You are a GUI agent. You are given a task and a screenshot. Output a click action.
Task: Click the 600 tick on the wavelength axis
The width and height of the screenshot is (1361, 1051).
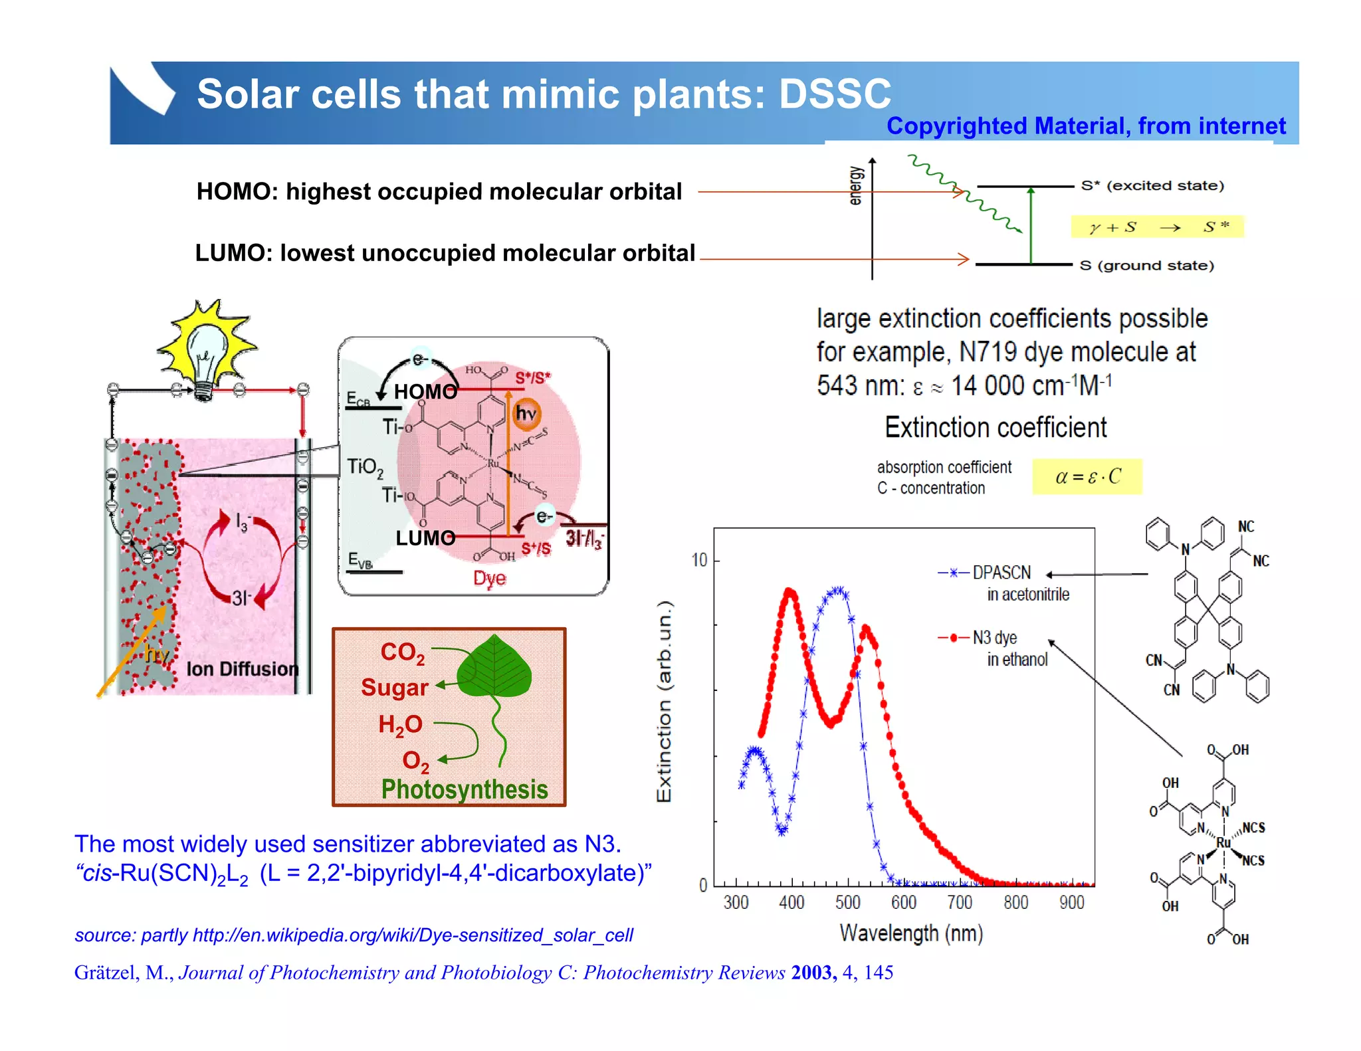[904, 902]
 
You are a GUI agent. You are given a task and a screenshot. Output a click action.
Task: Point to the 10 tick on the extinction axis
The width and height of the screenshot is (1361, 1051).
[699, 560]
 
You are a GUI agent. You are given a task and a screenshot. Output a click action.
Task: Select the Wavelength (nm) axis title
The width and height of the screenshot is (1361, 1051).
[911, 933]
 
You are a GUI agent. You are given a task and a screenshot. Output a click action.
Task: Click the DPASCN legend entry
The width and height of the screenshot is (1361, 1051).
[1001, 573]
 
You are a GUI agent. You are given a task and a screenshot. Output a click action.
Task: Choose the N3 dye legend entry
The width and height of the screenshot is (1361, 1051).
[994, 638]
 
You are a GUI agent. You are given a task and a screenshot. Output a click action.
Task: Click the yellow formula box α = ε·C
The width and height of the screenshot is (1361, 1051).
[1087, 476]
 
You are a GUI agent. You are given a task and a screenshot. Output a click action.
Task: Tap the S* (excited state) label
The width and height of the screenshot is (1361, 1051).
[1152, 185]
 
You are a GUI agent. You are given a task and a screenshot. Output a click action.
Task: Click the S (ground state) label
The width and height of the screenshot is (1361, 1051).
[1147, 266]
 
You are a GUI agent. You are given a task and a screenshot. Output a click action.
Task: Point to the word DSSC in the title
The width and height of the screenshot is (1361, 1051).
[835, 94]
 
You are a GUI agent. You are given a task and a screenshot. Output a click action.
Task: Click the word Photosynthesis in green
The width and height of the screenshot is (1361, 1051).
[465, 789]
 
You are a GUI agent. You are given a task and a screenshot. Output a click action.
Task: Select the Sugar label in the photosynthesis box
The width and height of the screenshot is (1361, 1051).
[395, 688]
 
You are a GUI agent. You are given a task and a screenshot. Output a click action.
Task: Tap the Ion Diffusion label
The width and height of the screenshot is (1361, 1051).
[242, 669]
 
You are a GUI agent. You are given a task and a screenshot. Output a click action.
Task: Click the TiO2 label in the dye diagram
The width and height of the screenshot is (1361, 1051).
[365, 467]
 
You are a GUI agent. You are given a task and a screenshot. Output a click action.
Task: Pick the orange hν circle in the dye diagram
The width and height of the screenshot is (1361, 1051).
[526, 414]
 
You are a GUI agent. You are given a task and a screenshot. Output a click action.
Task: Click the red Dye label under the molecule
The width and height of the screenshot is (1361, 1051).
[489, 578]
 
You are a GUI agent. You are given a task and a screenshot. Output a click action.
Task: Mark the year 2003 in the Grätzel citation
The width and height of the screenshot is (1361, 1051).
[813, 973]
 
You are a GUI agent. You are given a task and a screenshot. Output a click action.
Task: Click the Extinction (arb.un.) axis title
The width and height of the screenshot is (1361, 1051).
[664, 702]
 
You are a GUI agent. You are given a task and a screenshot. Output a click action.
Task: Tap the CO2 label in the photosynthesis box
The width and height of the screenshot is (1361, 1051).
[402, 652]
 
